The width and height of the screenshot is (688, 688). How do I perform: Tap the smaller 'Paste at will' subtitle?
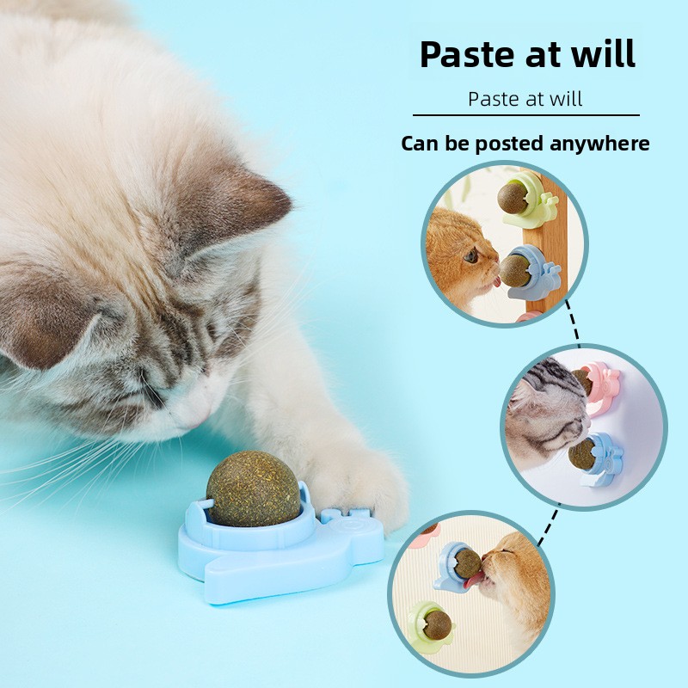(x=525, y=99)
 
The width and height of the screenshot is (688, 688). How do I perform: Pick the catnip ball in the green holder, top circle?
(x=512, y=199)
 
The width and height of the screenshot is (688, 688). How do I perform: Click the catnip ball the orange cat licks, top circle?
(x=514, y=271)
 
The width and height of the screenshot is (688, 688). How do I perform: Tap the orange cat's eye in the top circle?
(x=471, y=255)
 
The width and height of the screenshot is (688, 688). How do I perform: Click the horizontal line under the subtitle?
(x=525, y=115)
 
